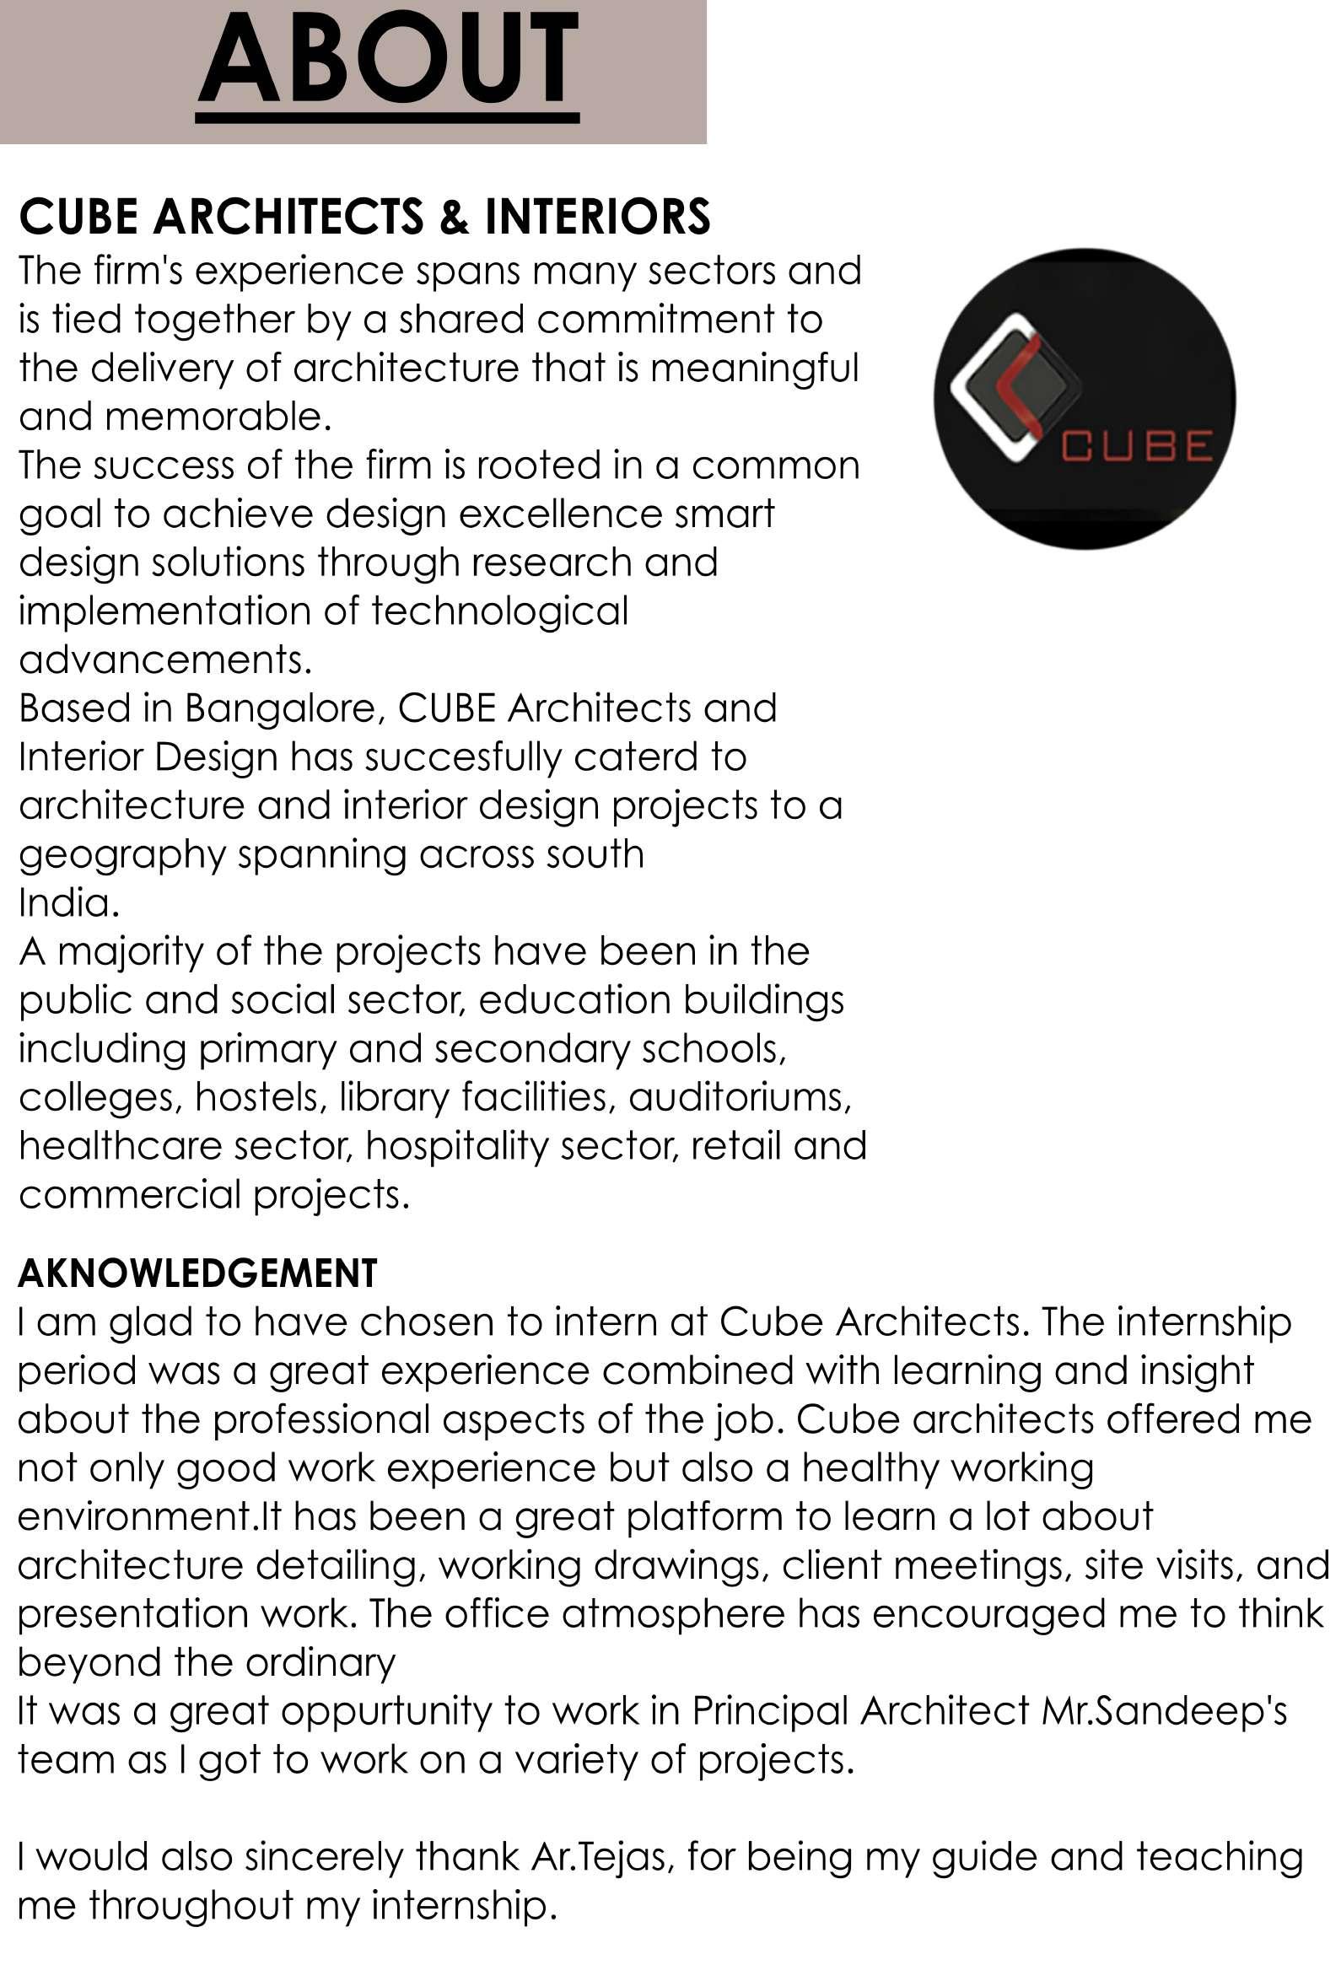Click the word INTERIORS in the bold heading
tap(597, 217)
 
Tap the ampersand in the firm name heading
tap(453, 218)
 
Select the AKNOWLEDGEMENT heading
tap(197, 1274)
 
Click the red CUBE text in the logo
tap(1136, 446)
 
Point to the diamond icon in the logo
tap(1016, 387)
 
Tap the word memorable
tap(218, 417)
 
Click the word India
tap(67, 904)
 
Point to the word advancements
tap(164, 660)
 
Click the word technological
tap(499, 612)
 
